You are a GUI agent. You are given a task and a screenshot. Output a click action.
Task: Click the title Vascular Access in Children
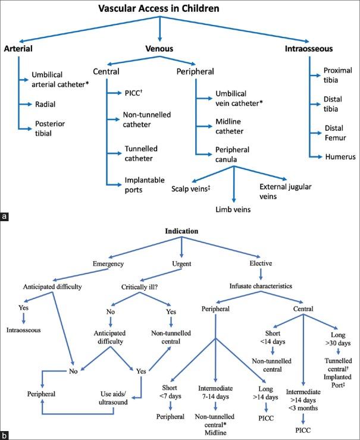click(x=159, y=8)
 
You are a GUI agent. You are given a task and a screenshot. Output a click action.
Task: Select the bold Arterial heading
click(x=18, y=49)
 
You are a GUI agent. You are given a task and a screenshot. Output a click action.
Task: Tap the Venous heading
click(x=159, y=49)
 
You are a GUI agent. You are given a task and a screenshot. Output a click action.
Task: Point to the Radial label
click(x=45, y=105)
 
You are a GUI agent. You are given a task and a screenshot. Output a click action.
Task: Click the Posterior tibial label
click(x=50, y=128)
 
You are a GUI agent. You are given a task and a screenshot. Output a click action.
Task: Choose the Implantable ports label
click(x=145, y=185)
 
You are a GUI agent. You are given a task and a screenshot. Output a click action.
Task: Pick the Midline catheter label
click(x=230, y=127)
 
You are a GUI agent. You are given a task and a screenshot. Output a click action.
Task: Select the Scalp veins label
click(x=190, y=189)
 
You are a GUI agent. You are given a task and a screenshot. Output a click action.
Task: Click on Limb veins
click(x=233, y=209)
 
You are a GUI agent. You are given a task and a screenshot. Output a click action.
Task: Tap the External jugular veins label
click(x=285, y=191)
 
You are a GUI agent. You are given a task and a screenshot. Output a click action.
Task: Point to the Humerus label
click(x=340, y=156)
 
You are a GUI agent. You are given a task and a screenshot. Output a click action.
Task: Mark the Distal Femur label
click(x=335, y=133)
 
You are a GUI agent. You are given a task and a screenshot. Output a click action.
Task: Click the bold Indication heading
click(x=181, y=231)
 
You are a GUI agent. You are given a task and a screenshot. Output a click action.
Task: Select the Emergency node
click(x=108, y=264)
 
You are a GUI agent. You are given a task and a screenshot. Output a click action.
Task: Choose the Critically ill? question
click(x=139, y=287)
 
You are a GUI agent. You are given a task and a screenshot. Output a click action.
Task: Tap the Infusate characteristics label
click(x=261, y=286)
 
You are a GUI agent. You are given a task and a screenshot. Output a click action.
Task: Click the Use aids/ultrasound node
click(x=113, y=398)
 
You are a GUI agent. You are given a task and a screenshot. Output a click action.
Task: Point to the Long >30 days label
click(x=338, y=339)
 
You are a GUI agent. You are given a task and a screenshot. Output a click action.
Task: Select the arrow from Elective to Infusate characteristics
click(x=261, y=274)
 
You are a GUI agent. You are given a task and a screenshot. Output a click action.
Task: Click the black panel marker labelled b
click(x=4, y=436)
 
